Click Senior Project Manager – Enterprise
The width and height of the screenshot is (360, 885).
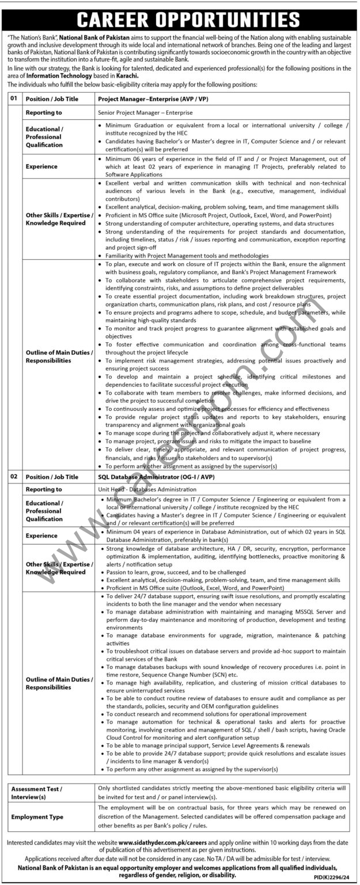145,112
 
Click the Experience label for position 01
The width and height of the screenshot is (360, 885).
41,166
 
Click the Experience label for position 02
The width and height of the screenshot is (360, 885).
41,535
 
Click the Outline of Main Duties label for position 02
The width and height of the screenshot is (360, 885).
59,683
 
